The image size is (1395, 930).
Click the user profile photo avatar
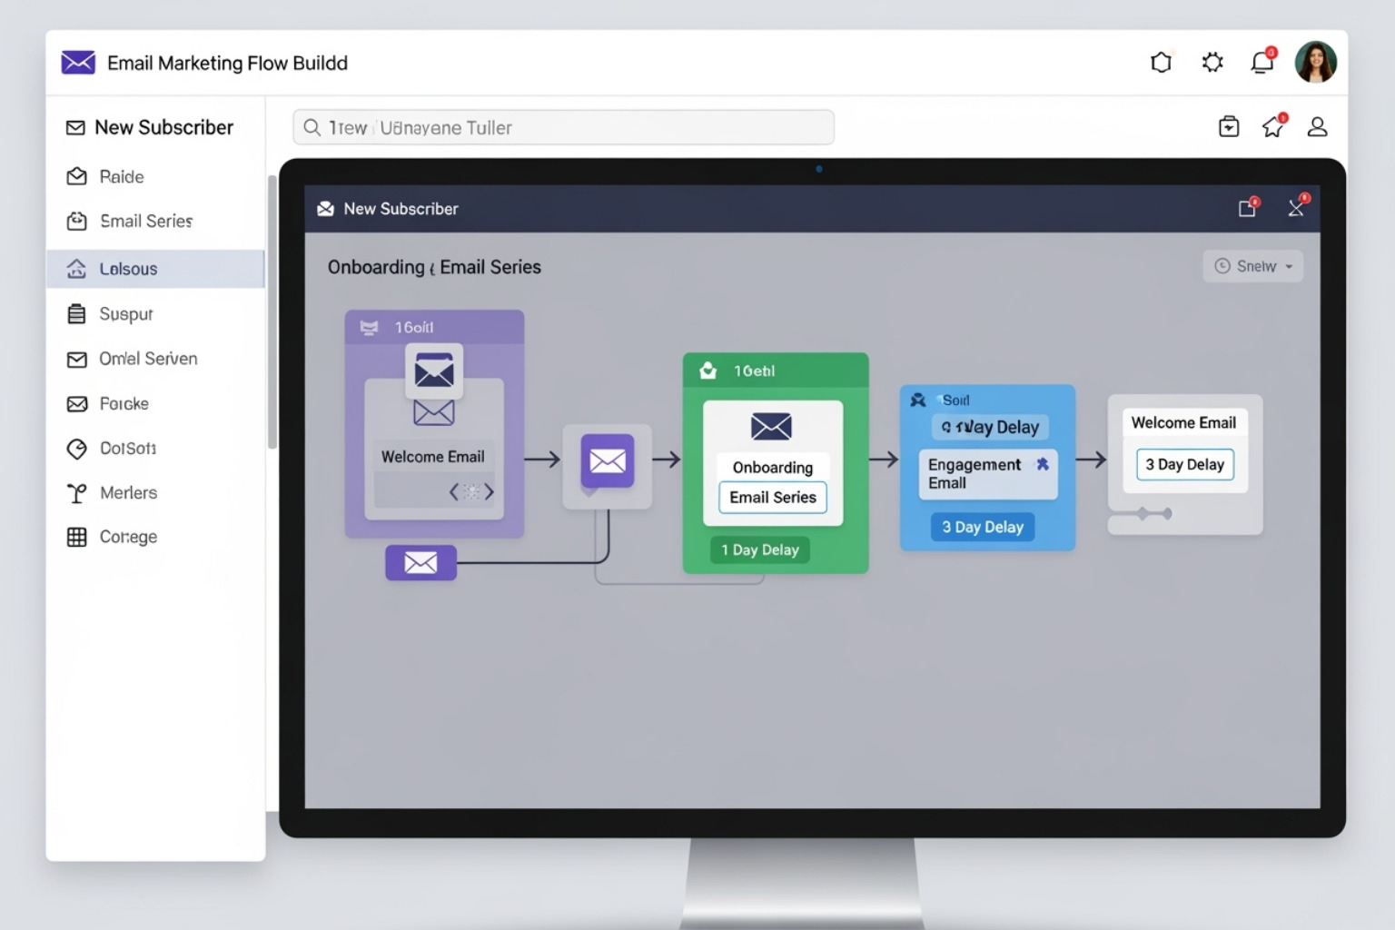(x=1315, y=63)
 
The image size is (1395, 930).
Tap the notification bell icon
(x=1262, y=63)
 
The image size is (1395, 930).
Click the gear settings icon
(x=1212, y=63)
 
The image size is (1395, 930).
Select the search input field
(x=563, y=128)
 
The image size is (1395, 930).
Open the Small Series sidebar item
(x=145, y=222)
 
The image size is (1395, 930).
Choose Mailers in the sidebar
(x=128, y=493)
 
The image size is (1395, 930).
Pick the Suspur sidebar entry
(x=125, y=314)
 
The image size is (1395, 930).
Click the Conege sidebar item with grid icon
(x=128, y=538)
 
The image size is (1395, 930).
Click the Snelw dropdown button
(x=1252, y=266)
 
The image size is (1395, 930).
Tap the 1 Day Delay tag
(x=759, y=550)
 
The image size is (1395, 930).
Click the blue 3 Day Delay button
(x=982, y=528)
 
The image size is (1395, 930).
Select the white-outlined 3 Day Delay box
(x=1184, y=465)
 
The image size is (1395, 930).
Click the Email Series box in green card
(x=773, y=498)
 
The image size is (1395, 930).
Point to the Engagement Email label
(x=975, y=473)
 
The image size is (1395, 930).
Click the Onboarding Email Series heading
(x=434, y=268)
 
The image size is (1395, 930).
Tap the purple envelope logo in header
(x=78, y=63)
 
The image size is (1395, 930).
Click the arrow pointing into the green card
(x=667, y=460)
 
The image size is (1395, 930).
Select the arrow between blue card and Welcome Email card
(x=1091, y=460)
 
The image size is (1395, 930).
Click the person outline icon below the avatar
(x=1317, y=127)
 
